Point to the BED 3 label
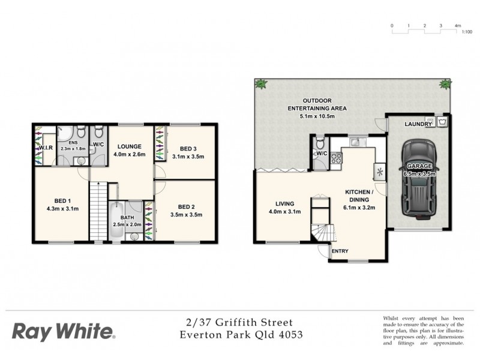click(x=189, y=149)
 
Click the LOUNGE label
click(x=129, y=146)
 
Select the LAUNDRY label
click(x=418, y=125)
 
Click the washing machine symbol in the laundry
click(x=443, y=121)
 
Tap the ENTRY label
click(x=340, y=251)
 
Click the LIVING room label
click(x=280, y=203)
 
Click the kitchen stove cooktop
click(x=336, y=159)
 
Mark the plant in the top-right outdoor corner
click(x=445, y=83)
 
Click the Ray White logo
click(x=63, y=331)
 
